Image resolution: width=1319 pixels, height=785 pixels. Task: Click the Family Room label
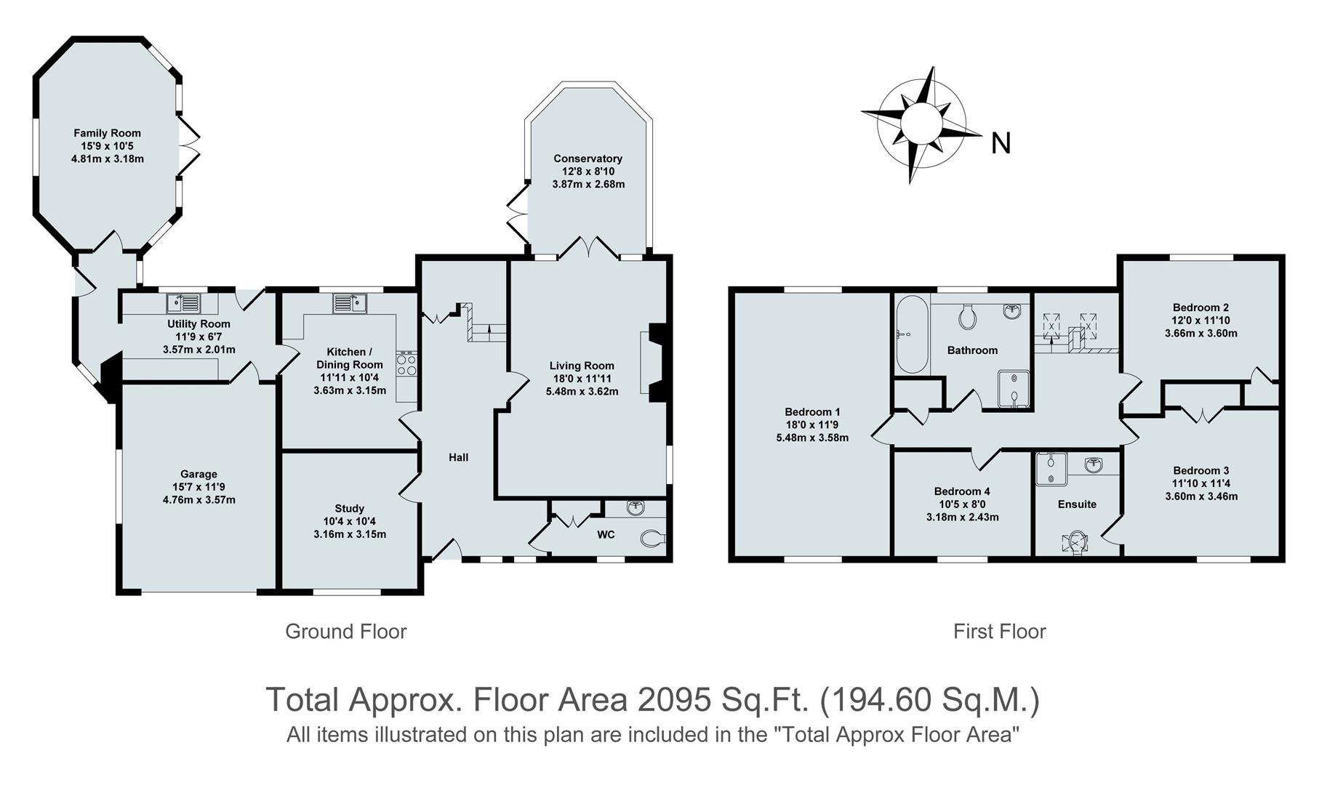[x=107, y=133]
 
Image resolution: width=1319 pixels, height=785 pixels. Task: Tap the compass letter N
[x=1001, y=144]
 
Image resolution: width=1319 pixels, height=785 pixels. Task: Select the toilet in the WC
[x=652, y=539]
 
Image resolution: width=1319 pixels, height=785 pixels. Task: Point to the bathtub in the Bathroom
[x=908, y=335]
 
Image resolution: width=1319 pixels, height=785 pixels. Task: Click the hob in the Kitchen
[x=406, y=363]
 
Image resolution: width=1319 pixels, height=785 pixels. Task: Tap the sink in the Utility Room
[x=184, y=302]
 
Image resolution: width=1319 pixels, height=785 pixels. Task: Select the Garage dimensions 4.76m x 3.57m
[x=199, y=500]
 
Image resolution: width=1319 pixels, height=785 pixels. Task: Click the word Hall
[x=458, y=457]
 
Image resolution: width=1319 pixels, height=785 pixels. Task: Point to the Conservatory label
[x=588, y=158]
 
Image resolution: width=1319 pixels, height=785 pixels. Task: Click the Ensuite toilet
[x=1075, y=542]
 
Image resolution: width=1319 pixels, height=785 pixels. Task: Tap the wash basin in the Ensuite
[x=1094, y=464]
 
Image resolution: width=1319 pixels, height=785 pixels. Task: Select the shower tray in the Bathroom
[x=1014, y=388]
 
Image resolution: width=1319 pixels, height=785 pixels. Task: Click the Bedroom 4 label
[x=961, y=491]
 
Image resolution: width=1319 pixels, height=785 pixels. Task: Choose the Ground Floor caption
[x=345, y=632]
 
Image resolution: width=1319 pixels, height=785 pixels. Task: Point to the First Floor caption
[x=999, y=632]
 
